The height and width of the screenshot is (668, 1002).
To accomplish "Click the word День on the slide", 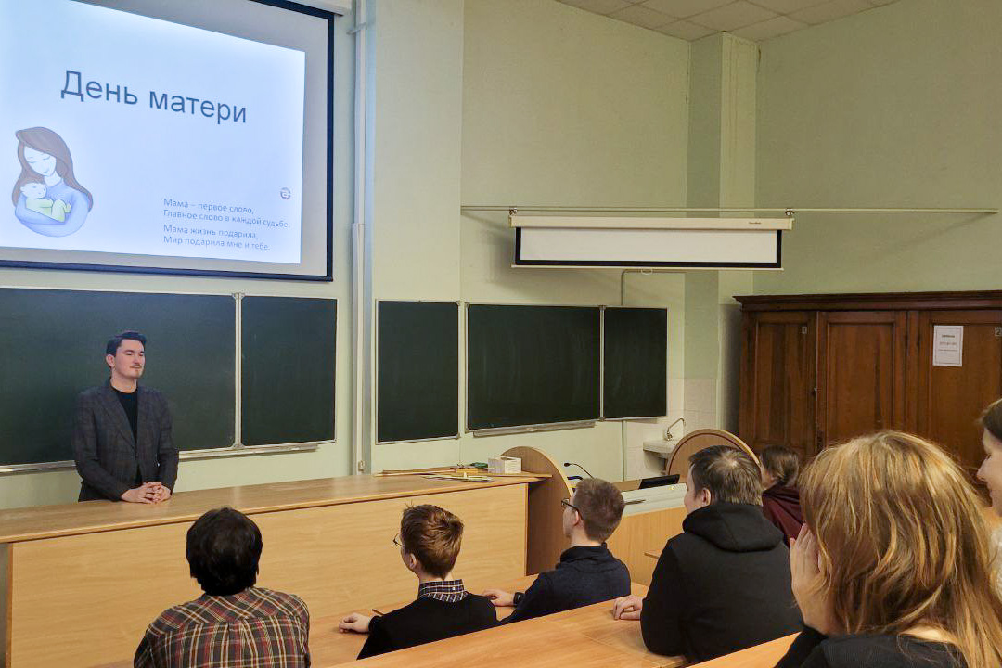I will [98, 89].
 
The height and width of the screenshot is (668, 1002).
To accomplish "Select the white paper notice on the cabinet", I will [947, 345].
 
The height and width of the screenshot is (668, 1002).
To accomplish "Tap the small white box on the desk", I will [504, 464].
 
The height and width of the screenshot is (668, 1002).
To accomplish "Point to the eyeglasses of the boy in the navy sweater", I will [568, 506].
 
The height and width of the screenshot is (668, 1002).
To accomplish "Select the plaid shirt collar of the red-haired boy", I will [442, 589].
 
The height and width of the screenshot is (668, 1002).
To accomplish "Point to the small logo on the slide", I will [285, 193].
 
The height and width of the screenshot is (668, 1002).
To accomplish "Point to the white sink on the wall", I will [660, 447].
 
